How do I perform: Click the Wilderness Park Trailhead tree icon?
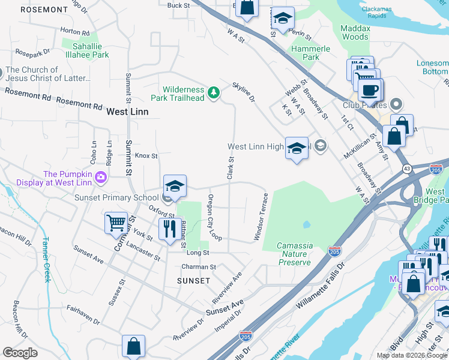pos(213,92)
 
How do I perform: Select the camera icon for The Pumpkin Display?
pos(101,177)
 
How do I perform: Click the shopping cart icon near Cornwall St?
pos(116,223)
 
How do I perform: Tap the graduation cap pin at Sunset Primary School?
pos(175,186)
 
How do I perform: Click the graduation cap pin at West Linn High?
pos(297,149)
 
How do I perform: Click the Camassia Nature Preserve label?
pos(294,254)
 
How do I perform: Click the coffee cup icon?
pos(370,90)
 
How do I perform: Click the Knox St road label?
pos(146,155)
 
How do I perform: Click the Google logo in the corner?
pos(20,353)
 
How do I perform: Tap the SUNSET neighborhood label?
pos(194,280)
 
